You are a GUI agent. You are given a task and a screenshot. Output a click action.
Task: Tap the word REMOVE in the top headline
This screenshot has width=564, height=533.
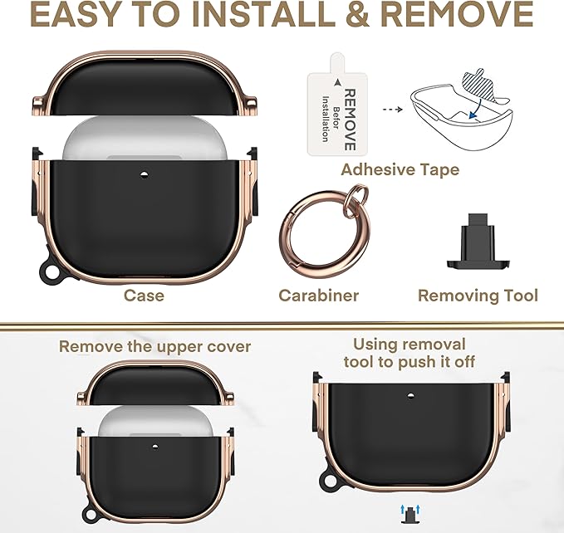(457, 15)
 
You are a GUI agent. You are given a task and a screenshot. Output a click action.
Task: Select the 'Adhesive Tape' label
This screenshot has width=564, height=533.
(400, 169)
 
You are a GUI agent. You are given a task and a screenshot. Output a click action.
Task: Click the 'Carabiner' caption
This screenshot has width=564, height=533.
(319, 296)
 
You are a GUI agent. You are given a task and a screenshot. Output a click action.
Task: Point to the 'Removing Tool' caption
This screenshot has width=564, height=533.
(478, 296)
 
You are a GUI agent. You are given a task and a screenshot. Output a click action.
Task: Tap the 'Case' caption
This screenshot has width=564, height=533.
(144, 296)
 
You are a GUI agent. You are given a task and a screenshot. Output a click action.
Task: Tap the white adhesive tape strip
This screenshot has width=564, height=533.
(336, 107)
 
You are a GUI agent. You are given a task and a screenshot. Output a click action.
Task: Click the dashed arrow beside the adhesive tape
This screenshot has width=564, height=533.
(392, 110)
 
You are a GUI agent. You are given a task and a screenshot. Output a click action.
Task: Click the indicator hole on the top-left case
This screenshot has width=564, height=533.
(144, 175)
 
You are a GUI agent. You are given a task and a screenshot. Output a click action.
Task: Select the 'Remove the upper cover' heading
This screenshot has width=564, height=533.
(154, 347)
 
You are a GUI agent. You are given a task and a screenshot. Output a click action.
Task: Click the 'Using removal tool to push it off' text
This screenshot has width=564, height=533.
(410, 353)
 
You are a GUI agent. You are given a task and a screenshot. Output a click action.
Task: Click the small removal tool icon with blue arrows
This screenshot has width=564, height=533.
(410, 514)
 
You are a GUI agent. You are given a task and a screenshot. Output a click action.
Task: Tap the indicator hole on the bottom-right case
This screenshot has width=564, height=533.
(411, 396)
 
